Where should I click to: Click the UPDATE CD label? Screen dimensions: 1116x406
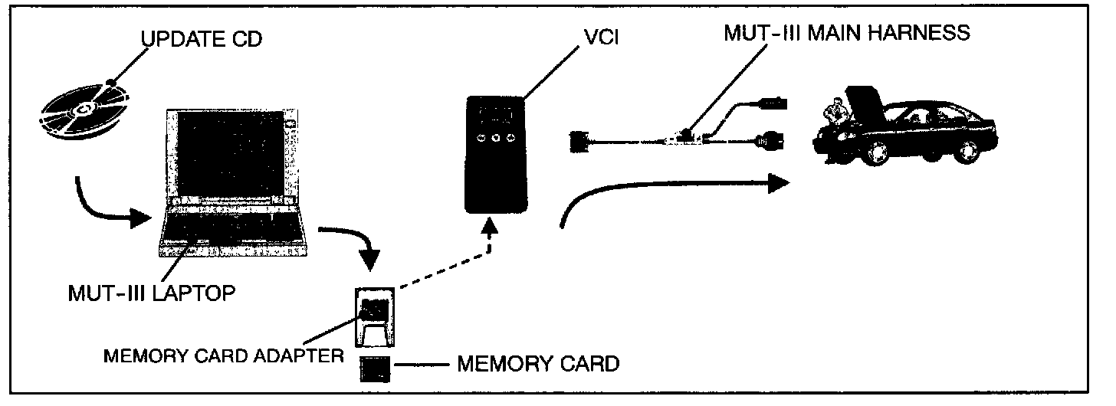[202, 39]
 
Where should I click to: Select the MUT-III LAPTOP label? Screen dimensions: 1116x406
[152, 293]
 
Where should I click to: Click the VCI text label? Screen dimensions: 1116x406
[602, 37]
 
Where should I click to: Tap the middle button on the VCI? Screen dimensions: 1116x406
[496, 137]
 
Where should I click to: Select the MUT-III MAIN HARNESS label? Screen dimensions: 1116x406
[847, 33]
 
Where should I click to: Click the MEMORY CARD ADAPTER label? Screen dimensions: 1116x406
[223, 355]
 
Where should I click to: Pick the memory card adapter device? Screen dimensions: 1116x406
[375, 317]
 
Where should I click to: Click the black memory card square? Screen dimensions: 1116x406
[375, 369]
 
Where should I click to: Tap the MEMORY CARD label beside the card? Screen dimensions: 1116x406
[538, 364]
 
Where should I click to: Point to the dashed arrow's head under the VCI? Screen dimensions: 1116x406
[491, 225]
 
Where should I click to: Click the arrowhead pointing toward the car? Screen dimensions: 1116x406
[778, 183]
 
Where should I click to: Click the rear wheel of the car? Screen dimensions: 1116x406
[967, 152]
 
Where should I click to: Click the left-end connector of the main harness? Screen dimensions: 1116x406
[579, 141]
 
